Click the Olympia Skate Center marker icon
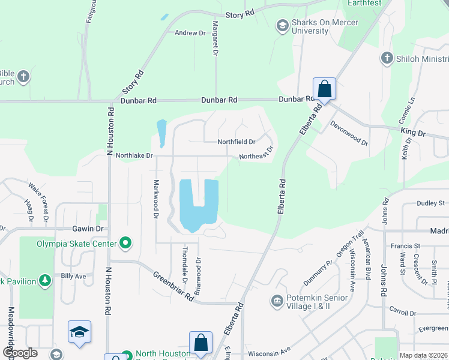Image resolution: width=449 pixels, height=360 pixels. tap(125, 243)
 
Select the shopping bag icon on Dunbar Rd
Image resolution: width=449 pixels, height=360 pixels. tap(324, 89)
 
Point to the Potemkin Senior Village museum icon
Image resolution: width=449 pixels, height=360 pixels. tap(277, 301)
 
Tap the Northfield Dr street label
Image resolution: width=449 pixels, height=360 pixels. tap(237, 142)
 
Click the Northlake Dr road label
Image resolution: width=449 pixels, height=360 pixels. tap(134, 155)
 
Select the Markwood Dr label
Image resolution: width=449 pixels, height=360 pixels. tap(156, 199)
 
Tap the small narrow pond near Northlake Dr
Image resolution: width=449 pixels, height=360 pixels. tap(161, 133)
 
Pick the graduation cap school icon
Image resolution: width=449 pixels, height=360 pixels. tap(79, 332)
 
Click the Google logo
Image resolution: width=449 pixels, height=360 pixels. tap(19, 353)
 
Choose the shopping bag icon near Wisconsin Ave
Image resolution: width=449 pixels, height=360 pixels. tap(201, 343)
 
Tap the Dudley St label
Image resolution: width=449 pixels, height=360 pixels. tap(430, 203)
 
